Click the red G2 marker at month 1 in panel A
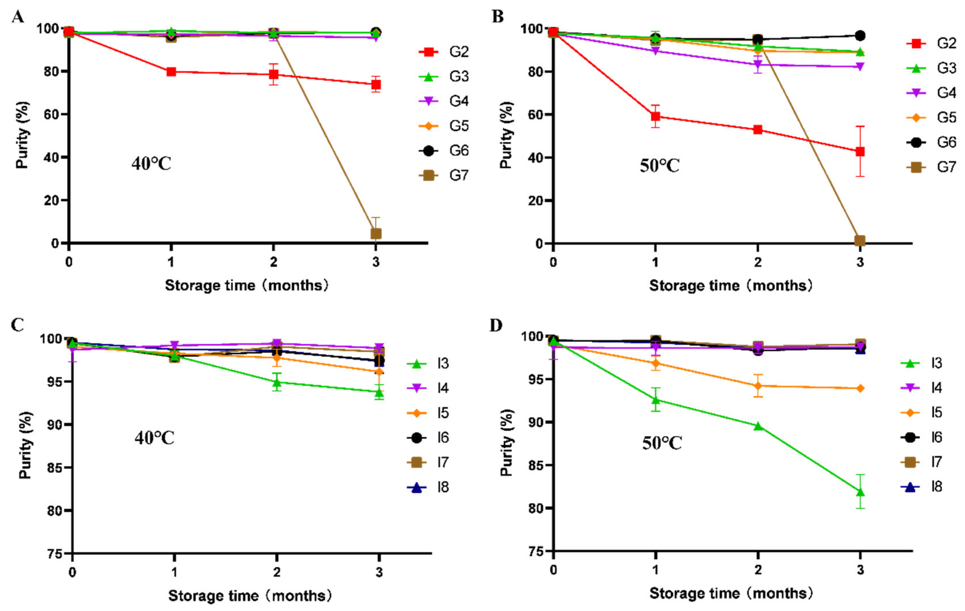[x=171, y=72]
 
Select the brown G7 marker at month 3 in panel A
[x=376, y=233]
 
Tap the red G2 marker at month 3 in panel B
[x=860, y=151]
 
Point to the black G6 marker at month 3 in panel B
[x=860, y=36]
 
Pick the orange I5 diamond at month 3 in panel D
[x=860, y=388]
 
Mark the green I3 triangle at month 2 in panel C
[x=276, y=382]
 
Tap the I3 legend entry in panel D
[x=922, y=363]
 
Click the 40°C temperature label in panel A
[x=151, y=164]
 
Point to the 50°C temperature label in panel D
[x=662, y=443]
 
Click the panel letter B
[x=497, y=17]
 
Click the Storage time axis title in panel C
[x=250, y=596]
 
